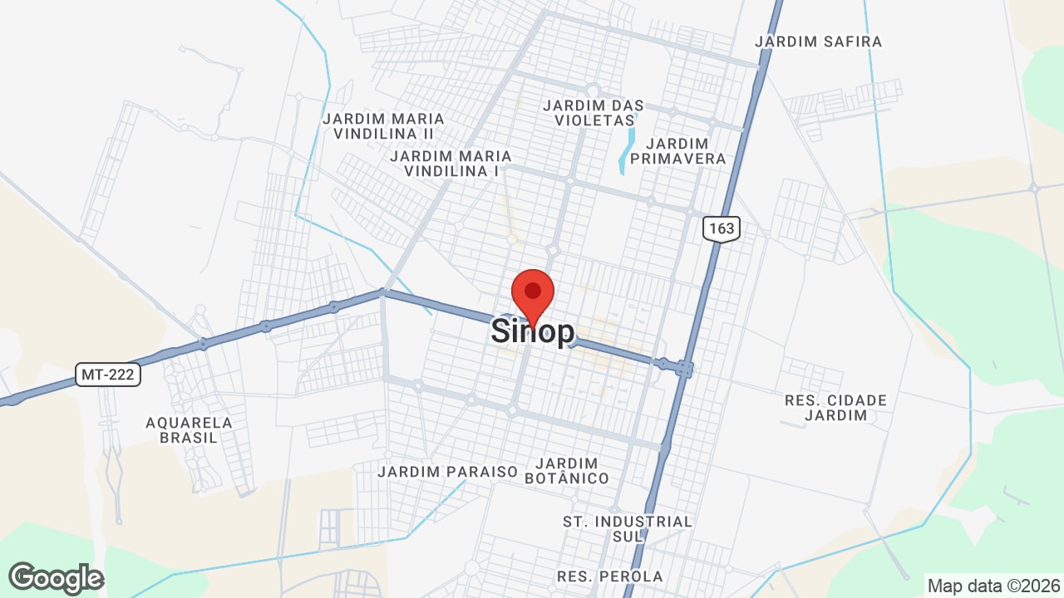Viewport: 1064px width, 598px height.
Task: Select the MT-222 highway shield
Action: tap(109, 375)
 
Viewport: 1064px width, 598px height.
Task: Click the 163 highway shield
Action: tap(721, 228)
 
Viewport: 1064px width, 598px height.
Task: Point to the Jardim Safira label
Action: tap(819, 42)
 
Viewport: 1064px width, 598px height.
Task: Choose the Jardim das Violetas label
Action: tap(593, 113)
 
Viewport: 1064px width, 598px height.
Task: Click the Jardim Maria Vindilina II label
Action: tap(383, 126)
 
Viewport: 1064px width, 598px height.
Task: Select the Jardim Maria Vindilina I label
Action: tap(450, 164)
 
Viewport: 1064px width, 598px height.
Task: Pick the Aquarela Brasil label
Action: tap(189, 430)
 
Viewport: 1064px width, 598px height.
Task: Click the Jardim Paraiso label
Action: tap(447, 472)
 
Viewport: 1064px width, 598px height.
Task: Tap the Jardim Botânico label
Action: tap(573, 471)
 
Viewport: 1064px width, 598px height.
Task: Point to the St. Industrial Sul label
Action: tap(628, 529)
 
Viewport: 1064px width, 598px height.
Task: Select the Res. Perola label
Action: tap(609, 576)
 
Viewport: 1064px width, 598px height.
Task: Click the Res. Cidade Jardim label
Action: tap(835, 408)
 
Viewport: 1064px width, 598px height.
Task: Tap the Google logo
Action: tap(56, 578)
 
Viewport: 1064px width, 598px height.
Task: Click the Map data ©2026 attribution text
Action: tap(993, 586)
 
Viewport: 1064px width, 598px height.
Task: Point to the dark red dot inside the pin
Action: tap(533, 291)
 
